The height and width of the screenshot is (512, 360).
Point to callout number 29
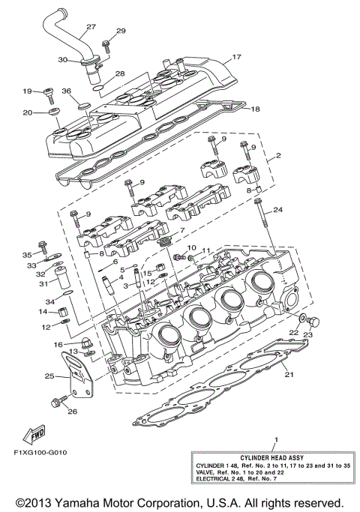click(x=120, y=31)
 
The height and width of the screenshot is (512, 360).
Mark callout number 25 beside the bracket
click(x=49, y=376)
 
